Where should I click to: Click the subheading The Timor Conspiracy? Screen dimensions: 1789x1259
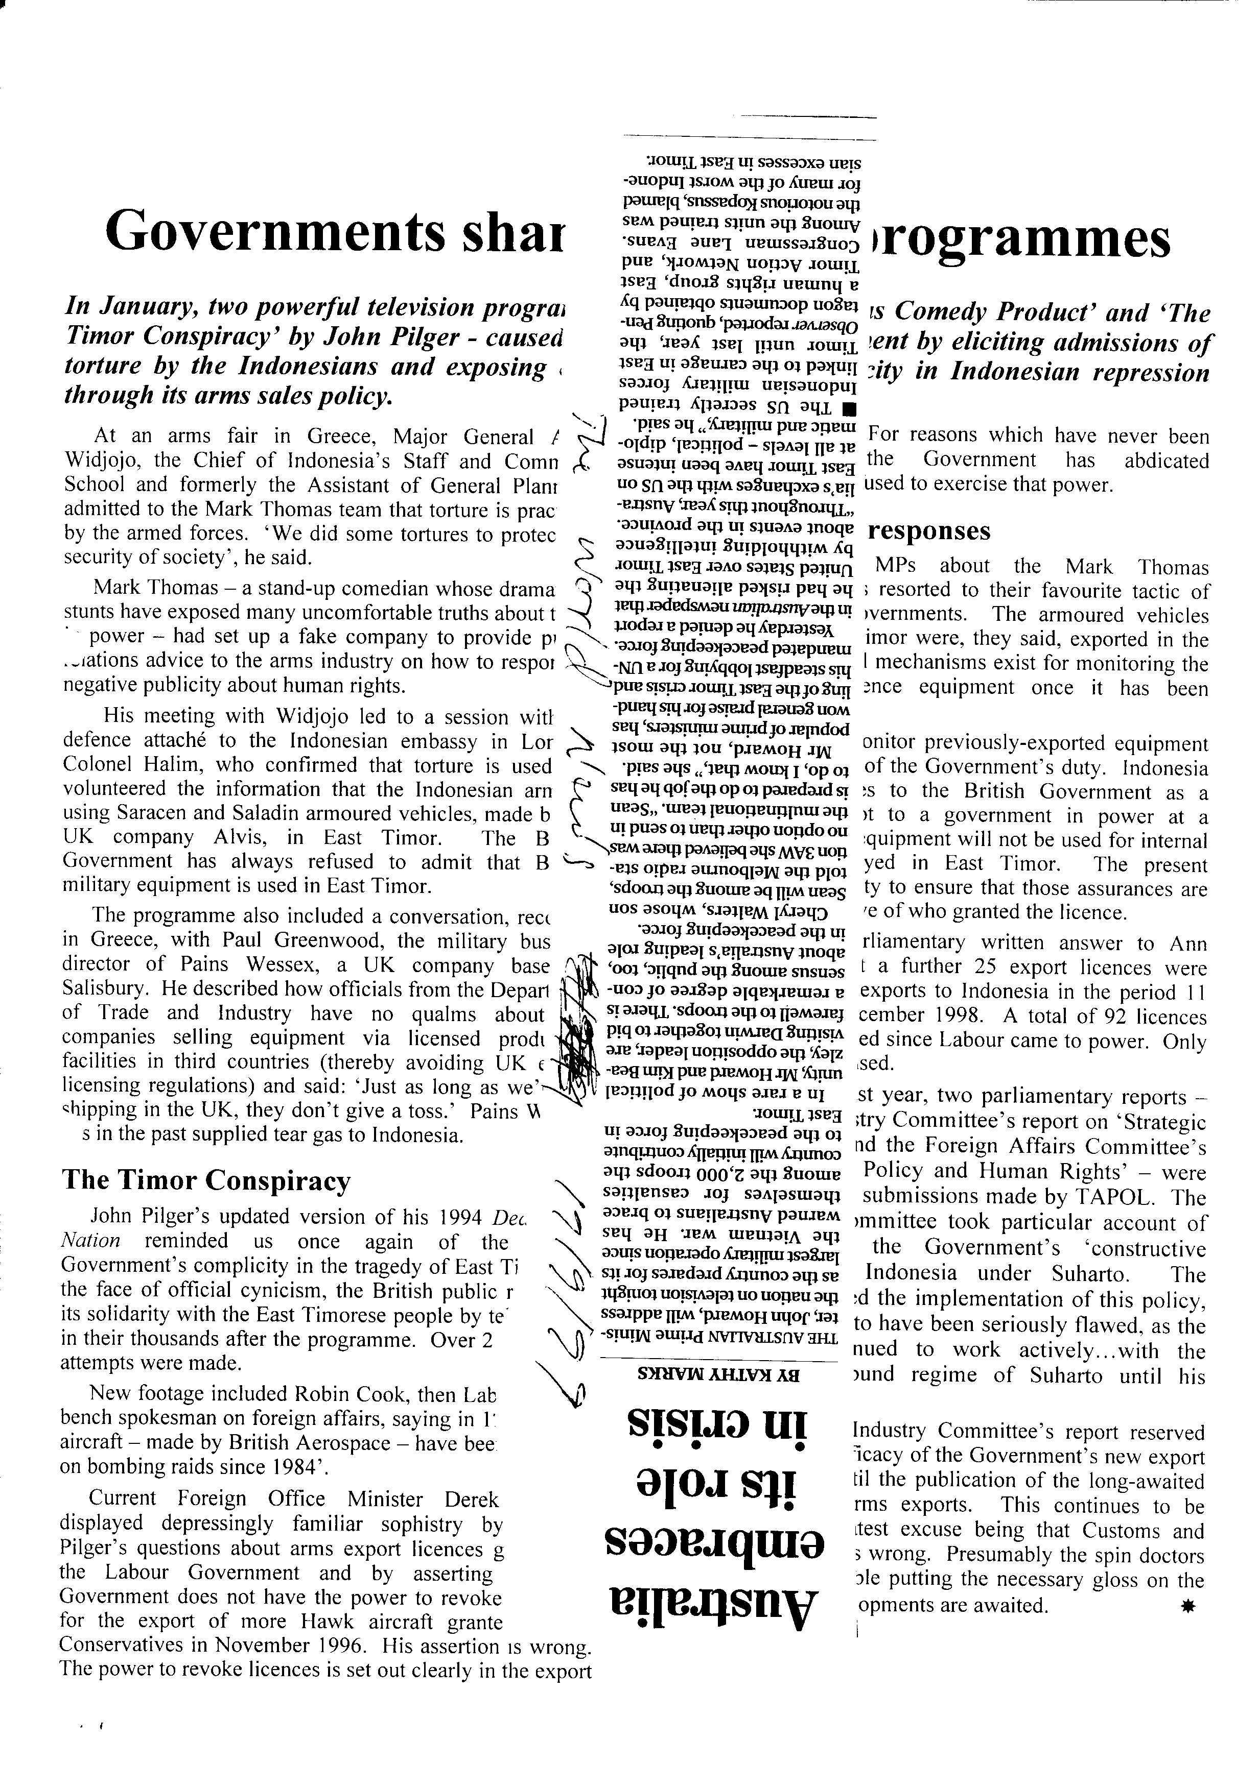[206, 1180]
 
